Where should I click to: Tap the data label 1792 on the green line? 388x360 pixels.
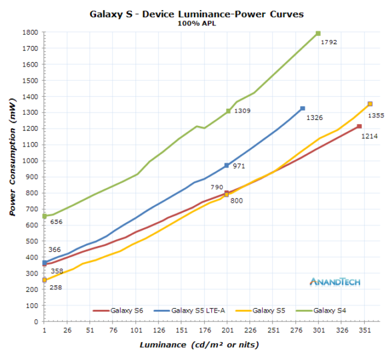(x=329, y=42)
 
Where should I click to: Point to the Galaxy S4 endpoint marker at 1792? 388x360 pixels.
(x=318, y=33)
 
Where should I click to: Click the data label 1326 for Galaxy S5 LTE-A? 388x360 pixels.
(x=315, y=117)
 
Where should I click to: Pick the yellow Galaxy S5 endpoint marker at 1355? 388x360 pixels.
(x=370, y=104)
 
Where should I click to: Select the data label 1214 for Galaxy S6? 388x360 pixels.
(x=370, y=136)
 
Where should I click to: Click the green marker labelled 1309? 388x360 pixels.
(x=228, y=111)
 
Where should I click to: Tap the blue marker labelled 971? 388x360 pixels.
(x=227, y=165)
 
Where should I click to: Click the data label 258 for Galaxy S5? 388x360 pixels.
(x=57, y=287)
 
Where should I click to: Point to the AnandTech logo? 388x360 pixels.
(x=335, y=281)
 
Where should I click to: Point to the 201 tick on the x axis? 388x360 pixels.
(x=227, y=330)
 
